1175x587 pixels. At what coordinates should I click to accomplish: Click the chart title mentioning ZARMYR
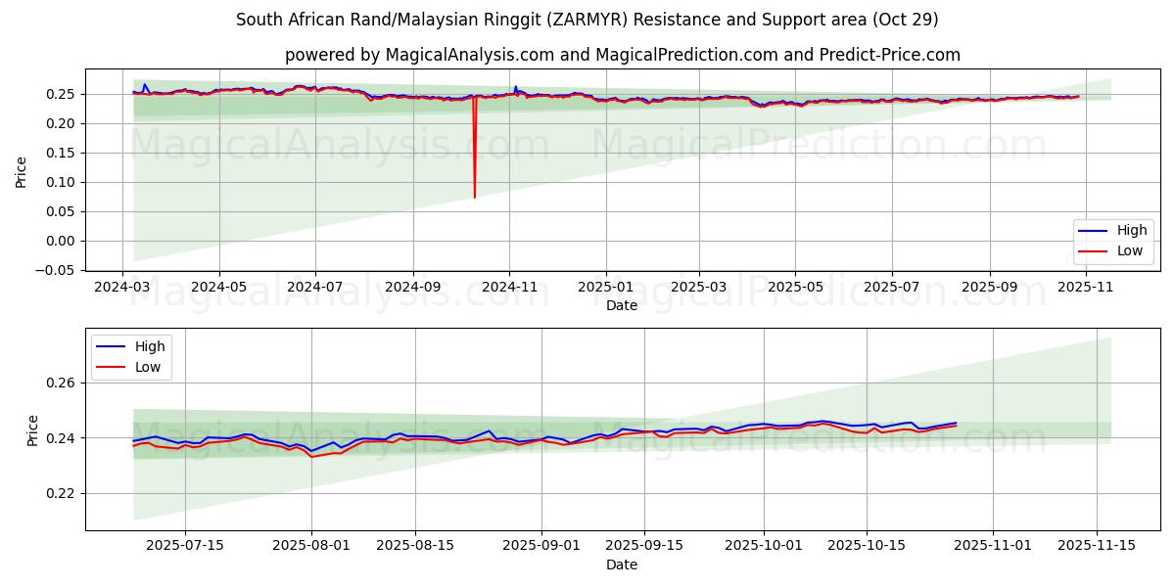coord(587,20)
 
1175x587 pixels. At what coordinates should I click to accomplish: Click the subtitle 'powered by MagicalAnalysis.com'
coord(622,55)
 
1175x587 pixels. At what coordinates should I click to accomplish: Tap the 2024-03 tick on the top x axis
coord(122,287)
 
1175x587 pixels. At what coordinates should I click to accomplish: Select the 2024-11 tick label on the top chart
coord(508,287)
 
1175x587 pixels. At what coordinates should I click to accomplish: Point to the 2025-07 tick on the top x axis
coord(891,287)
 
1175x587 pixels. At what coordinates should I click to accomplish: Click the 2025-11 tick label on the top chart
coord(1085,287)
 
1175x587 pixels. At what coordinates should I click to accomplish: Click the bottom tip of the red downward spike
coord(475,198)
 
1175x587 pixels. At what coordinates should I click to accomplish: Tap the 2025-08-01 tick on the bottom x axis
coord(311,546)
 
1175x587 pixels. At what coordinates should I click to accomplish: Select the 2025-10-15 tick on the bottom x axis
coord(866,546)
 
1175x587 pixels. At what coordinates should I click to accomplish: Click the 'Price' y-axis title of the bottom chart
coord(33,429)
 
